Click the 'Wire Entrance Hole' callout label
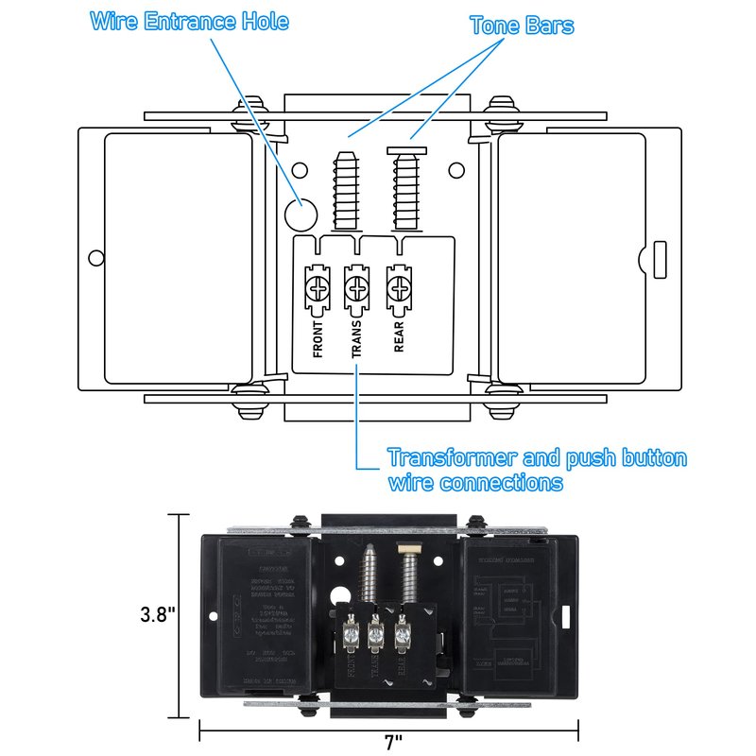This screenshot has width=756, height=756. point(189,21)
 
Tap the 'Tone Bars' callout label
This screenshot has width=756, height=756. point(522,26)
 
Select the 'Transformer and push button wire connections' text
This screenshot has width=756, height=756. point(537,471)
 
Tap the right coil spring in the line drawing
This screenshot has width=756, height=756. point(407,189)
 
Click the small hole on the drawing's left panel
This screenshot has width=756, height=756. point(94,257)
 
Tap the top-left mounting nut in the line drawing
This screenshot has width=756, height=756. point(253,104)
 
